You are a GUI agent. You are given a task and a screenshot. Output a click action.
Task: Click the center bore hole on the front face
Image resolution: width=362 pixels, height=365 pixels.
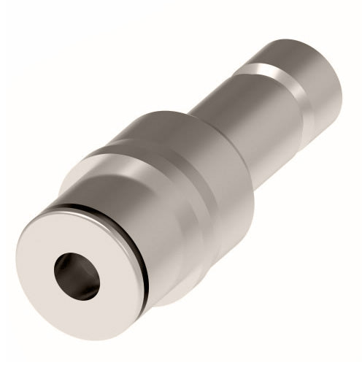(x=76, y=276)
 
